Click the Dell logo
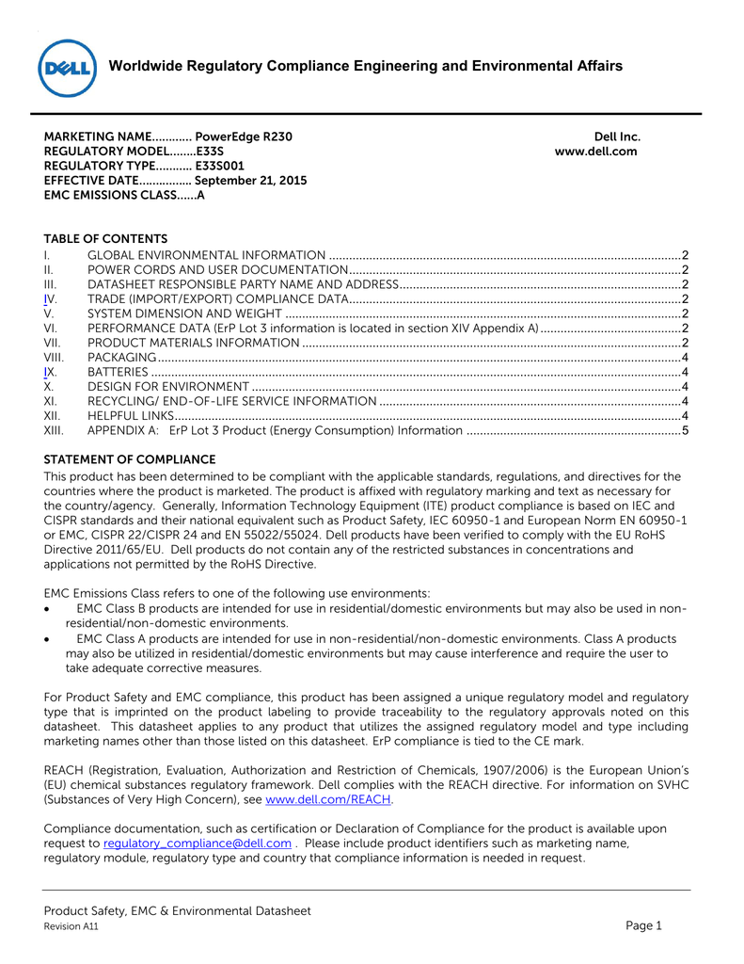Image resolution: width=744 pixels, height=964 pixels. tap(68, 68)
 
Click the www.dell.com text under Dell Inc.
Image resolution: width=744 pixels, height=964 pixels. tap(596, 152)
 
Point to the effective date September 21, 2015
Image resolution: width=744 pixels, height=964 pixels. tap(250, 181)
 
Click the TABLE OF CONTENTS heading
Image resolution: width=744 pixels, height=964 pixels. tap(105, 239)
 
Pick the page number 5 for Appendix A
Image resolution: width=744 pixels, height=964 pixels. tap(686, 431)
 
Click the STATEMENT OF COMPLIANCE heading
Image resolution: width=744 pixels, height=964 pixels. tap(130, 460)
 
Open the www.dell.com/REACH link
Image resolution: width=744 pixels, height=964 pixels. tap(329, 800)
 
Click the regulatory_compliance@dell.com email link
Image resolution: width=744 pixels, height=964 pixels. tap(197, 843)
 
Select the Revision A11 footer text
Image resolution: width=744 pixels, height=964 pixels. tap(71, 927)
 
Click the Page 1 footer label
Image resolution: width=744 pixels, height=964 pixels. tap(644, 925)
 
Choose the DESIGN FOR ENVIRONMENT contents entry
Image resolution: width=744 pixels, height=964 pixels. tap(168, 387)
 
